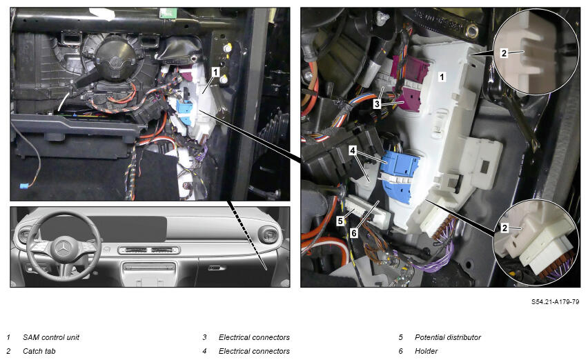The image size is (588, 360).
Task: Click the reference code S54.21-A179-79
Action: coord(555,301)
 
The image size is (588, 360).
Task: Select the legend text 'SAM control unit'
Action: coord(51,337)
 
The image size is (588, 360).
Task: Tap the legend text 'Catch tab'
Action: coord(39,351)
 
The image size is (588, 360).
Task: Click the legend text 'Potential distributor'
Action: coord(448,337)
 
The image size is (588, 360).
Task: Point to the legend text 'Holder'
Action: coord(426,351)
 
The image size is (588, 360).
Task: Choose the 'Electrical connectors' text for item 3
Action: coord(254,337)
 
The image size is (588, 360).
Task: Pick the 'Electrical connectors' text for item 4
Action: coord(254,351)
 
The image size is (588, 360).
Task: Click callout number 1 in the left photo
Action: coord(215,72)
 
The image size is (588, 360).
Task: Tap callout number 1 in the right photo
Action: coord(442,77)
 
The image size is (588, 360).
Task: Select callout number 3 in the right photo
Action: coord(377,103)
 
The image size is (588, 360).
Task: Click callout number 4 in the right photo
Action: coord(352,150)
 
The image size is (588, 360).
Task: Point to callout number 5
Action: coord(340,221)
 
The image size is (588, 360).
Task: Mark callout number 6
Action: coord(353,233)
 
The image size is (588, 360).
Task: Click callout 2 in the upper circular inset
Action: coord(504,53)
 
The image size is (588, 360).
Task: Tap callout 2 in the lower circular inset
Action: coord(504,228)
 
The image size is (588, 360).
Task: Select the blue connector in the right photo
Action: coord(400,177)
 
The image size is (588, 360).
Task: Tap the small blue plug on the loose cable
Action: coord(23,186)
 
